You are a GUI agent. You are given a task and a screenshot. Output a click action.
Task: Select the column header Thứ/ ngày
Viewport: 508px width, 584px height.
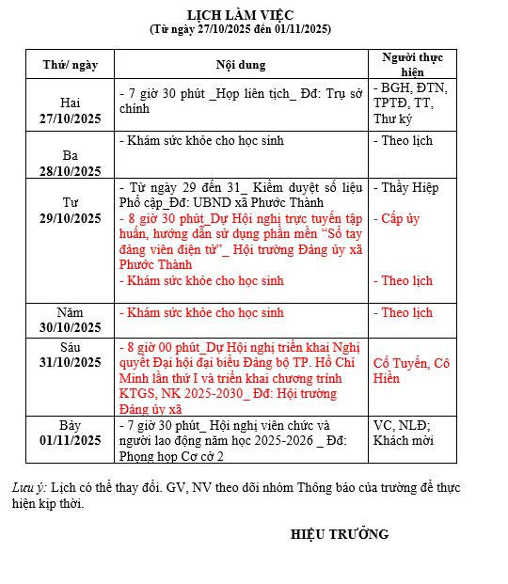click(71, 65)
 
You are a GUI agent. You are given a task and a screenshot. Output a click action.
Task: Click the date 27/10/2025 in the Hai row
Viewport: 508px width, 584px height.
click(71, 119)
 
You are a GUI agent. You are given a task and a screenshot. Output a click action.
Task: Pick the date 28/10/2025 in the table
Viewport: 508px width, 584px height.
click(71, 171)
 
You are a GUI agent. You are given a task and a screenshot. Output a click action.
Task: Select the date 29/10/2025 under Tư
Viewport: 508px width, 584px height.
click(71, 218)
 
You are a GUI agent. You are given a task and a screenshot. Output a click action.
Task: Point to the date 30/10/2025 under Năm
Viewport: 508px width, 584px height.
click(71, 327)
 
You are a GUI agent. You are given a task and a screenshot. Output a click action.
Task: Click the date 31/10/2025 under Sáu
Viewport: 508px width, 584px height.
click(71, 362)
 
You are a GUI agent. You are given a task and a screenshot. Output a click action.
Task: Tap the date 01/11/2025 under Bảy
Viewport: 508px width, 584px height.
click(71, 440)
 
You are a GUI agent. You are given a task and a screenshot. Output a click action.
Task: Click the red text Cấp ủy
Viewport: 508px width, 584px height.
click(396, 219)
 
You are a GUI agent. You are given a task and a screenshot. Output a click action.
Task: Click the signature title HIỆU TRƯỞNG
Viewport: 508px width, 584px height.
click(340, 534)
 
